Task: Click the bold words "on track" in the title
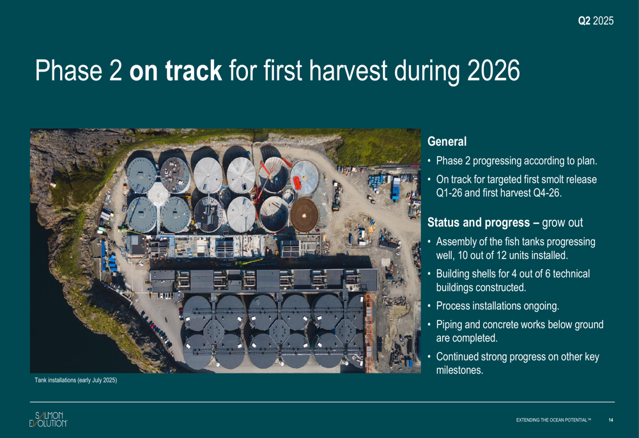[176, 70]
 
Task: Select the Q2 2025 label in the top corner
[596, 21]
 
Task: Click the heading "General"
[447, 141]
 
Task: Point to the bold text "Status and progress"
[479, 223]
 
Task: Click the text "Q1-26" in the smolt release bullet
[449, 192]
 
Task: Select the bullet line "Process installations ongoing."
[498, 306]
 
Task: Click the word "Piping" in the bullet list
[449, 325]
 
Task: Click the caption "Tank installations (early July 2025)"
[76, 380]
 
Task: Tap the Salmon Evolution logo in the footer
[48, 419]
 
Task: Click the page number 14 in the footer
[610, 420]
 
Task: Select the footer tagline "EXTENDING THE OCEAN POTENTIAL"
[553, 420]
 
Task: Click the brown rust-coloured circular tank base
[304, 215]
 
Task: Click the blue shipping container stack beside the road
[396, 189]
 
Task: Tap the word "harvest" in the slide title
[348, 70]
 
